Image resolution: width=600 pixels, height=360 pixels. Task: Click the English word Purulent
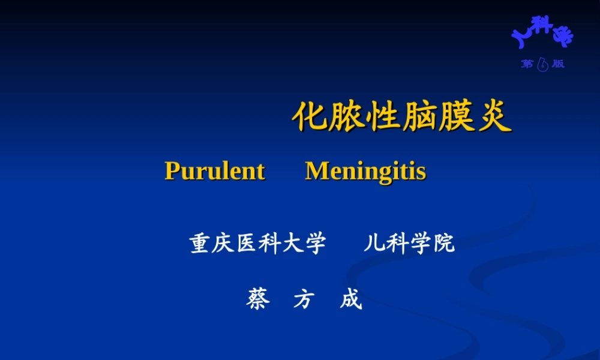coord(214,172)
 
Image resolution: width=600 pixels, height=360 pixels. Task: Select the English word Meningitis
coord(365,172)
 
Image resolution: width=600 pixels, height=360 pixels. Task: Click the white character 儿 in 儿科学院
coord(373,244)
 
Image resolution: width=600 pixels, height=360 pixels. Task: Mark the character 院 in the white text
coord(443,244)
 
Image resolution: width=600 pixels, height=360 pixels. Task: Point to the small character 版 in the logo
coord(559,64)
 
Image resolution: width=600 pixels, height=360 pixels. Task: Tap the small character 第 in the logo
coord(527,64)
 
